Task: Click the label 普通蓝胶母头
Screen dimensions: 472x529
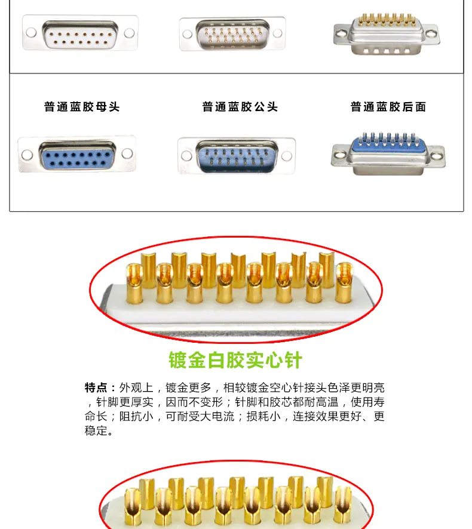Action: click(x=82, y=107)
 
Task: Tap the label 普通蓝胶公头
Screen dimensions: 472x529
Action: click(x=240, y=107)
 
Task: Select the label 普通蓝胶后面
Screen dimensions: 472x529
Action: click(x=388, y=107)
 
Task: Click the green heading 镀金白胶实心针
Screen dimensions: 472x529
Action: click(x=235, y=360)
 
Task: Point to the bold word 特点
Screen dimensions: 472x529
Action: click(x=96, y=387)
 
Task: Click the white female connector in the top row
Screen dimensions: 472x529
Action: click(x=80, y=33)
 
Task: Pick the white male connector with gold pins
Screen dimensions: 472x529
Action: click(x=232, y=34)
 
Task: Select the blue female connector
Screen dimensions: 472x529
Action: click(x=77, y=155)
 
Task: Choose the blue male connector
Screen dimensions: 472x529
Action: click(x=237, y=156)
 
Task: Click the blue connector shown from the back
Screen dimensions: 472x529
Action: click(x=388, y=154)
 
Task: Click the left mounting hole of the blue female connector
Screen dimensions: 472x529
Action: click(x=27, y=155)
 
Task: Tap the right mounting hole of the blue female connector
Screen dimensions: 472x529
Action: click(x=127, y=153)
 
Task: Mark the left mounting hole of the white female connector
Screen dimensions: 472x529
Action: click(x=31, y=33)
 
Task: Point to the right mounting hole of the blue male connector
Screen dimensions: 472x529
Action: click(x=287, y=156)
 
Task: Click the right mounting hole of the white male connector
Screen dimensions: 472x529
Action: click(x=278, y=33)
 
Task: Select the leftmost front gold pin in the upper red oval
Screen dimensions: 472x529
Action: click(x=134, y=284)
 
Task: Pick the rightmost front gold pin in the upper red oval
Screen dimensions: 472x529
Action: click(x=344, y=283)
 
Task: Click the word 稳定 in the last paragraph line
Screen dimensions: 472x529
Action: click(x=96, y=431)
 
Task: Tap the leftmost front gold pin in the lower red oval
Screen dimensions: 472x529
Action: click(x=133, y=507)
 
